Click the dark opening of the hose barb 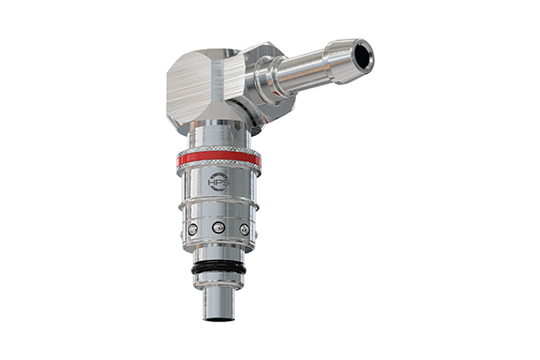[361, 56]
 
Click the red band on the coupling [219, 160]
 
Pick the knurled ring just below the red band [219, 168]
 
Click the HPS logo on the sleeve [218, 183]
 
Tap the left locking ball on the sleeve [192, 230]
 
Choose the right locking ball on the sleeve [244, 229]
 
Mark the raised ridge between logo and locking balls [219, 206]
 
